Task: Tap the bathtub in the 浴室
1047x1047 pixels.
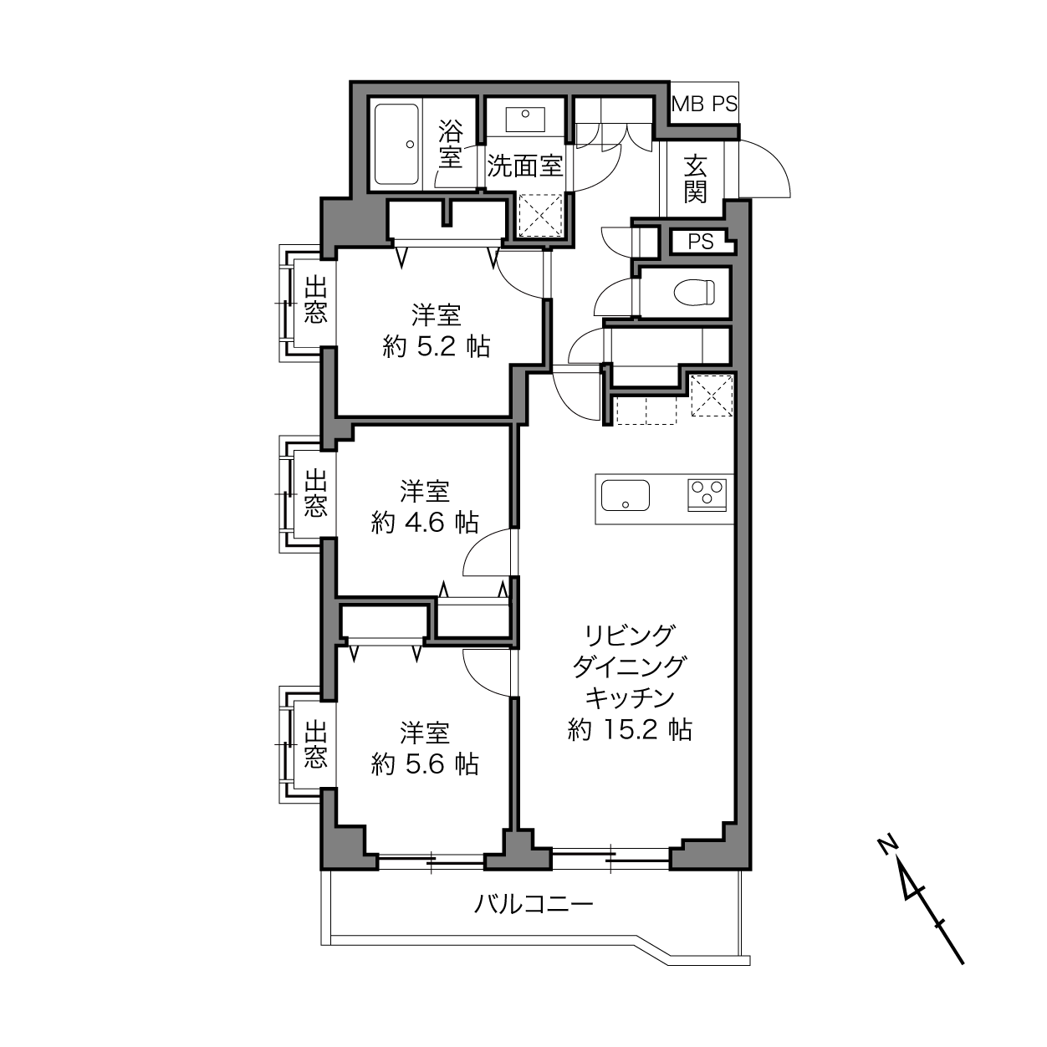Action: pos(397,145)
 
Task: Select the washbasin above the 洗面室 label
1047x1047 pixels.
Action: pos(525,119)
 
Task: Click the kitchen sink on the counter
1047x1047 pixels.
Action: pos(626,495)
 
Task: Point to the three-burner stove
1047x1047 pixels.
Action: pos(707,494)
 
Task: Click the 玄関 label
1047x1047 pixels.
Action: pos(696,178)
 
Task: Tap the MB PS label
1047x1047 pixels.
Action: pos(705,104)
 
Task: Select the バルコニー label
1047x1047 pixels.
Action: pos(534,904)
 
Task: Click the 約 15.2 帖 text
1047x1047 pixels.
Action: pos(630,730)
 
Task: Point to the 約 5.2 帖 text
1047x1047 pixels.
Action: pos(437,346)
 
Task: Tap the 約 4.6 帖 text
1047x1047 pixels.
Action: pos(425,522)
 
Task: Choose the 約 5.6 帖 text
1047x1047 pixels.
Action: pos(425,764)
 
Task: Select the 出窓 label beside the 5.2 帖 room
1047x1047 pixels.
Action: pos(315,299)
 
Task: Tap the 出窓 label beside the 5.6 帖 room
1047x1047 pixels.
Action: pos(315,744)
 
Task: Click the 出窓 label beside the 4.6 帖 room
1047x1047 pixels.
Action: pos(315,493)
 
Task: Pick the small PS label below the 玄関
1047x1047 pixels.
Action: pos(701,242)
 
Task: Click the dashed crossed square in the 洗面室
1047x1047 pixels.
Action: pos(540,216)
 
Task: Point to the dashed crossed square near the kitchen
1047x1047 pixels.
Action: pos(712,396)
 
